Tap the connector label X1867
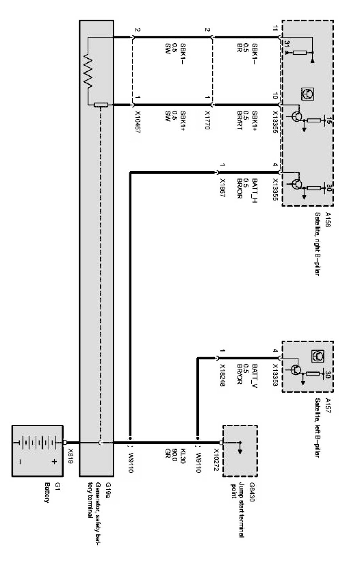tap(223, 189)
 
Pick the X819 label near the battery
tap(71, 455)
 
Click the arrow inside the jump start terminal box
tap(239, 448)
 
